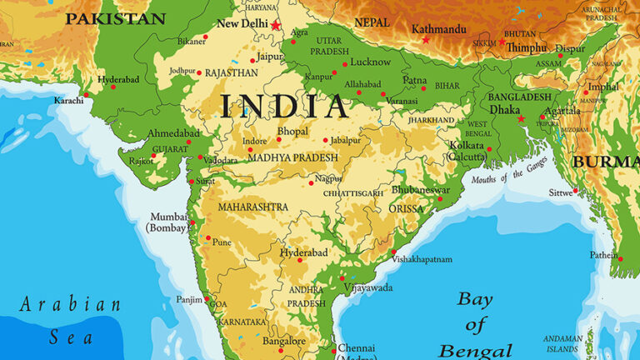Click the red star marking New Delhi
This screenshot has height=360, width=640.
click(276, 25)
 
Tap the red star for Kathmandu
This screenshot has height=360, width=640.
click(426, 39)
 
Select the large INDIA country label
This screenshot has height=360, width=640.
click(283, 107)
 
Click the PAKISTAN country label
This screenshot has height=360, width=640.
click(115, 18)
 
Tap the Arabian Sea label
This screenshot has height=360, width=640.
click(70, 319)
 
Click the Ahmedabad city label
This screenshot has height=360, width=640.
click(173, 133)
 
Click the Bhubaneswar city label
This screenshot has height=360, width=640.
click(420, 190)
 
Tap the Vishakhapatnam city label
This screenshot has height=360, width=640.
click(422, 259)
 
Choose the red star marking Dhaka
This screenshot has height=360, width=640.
click(522, 118)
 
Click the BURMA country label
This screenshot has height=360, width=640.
click(605, 161)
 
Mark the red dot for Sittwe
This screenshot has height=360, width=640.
click(575, 190)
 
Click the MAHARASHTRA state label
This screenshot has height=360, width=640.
click(253, 207)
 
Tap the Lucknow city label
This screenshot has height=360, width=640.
click(370, 62)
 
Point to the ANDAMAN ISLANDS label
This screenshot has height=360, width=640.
click(584, 342)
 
